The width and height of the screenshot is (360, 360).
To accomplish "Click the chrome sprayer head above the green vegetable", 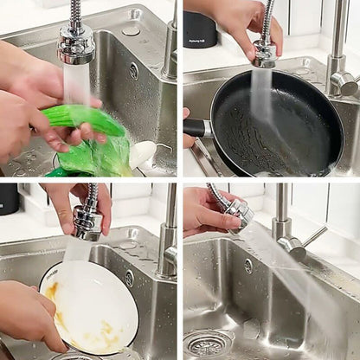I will point(76,44).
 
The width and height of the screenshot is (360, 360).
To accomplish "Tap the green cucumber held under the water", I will point(82,121).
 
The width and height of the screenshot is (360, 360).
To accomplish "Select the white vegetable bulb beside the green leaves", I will point(141,154).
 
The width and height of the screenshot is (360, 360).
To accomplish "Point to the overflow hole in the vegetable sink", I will point(133,71).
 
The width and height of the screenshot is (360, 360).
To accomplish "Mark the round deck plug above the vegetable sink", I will point(132,29).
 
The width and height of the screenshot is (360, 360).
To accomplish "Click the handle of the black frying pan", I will point(196,128).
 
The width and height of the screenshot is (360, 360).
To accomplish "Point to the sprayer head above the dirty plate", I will point(87,222).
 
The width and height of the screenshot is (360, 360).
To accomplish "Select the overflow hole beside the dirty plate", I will point(130,279).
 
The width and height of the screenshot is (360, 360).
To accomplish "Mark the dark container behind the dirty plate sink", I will point(9,198).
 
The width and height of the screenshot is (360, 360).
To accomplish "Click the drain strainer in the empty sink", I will point(207,344).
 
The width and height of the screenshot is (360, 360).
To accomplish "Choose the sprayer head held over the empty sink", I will point(238,213).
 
